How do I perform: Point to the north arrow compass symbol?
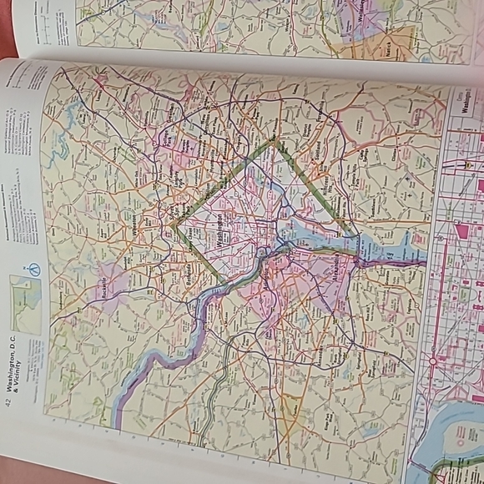pos(34,270)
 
